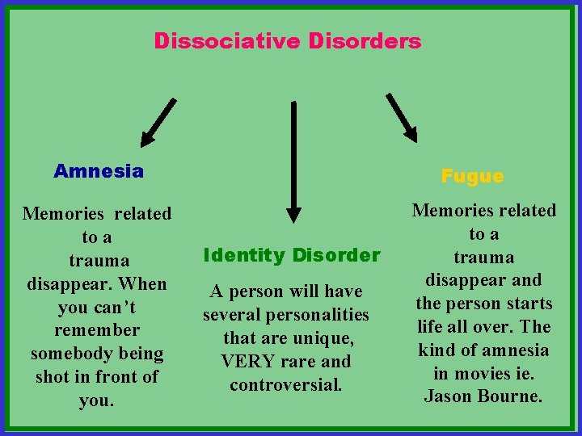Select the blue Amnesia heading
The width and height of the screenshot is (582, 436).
(x=99, y=171)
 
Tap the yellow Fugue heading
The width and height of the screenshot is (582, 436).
(x=472, y=176)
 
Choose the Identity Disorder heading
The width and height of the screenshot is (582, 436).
(x=292, y=256)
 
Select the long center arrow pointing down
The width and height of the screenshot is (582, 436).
(x=293, y=161)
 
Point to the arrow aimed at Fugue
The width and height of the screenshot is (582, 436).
(x=402, y=118)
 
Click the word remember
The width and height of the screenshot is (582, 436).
(x=97, y=330)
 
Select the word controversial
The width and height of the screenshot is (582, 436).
(x=286, y=385)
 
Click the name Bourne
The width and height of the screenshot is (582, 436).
(x=509, y=396)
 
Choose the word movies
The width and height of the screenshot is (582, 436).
(x=484, y=373)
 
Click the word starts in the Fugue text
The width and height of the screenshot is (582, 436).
(x=526, y=304)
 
